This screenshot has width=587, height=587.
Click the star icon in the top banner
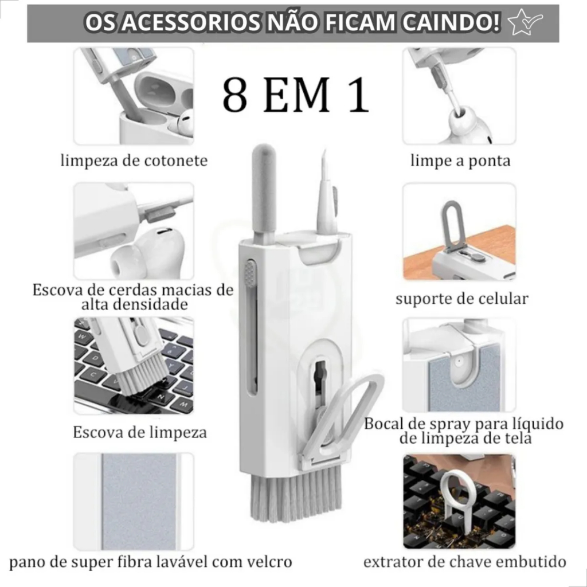tap(525, 22)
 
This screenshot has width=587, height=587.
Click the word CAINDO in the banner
tap(451, 22)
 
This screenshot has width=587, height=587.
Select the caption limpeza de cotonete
tap(134, 161)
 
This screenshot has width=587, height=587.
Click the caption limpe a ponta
tap(460, 161)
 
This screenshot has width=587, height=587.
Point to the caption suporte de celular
tap(461, 299)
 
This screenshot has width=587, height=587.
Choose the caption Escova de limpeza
tap(140, 432)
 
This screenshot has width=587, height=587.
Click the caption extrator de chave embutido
tap(464, 562)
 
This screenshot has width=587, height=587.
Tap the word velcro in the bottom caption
tap(269, 562)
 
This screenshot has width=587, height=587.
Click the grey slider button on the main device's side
tap(250, 273)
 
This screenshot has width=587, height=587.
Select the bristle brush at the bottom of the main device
tap(296, 494)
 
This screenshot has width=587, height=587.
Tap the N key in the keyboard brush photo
tap(162, 396)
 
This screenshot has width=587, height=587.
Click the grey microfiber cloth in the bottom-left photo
tap(139, 502)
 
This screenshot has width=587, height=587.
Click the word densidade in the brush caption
tap(135, 304)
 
